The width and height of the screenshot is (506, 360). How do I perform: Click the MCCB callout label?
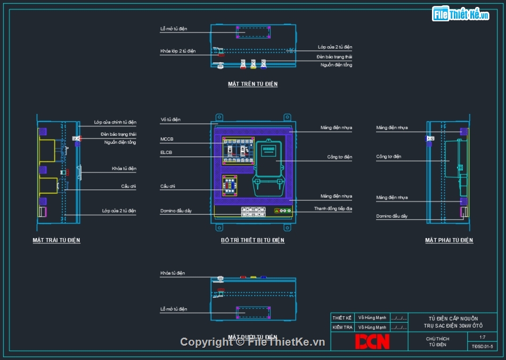point(167,139)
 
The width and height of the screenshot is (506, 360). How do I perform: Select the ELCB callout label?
point(167,152)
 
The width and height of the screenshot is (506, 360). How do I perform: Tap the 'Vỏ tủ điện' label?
point(170,119)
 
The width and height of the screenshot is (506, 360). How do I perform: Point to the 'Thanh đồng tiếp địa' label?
point(333,209)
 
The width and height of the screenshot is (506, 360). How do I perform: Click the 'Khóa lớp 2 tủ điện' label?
point(178,51)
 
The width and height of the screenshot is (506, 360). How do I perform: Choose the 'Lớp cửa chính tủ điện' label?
point(115,122)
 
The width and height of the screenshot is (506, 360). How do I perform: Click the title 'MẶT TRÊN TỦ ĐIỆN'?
point(252,84)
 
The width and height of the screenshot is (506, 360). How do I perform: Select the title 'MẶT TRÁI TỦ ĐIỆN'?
point(56,241)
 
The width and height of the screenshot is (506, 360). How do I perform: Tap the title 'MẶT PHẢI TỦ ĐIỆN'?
point(449,241)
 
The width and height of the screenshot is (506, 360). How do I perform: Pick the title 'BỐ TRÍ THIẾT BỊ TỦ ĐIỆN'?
point(252,241)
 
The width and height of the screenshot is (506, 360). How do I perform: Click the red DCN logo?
point(372,341)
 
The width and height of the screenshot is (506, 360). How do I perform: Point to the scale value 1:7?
point(482,337)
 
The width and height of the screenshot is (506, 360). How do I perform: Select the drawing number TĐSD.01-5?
point(482,346)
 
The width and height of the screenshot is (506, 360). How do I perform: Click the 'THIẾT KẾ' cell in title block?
point(342,318)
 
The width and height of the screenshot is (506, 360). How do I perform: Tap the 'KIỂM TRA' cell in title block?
point(342,327)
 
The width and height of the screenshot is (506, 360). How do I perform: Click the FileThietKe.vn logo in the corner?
point(460,14)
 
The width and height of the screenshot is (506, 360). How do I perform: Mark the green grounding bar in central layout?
point(283,211)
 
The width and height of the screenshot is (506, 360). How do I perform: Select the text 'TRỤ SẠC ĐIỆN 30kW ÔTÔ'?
point(453,325)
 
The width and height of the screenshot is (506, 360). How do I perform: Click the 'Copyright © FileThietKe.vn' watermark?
point(252,342)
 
